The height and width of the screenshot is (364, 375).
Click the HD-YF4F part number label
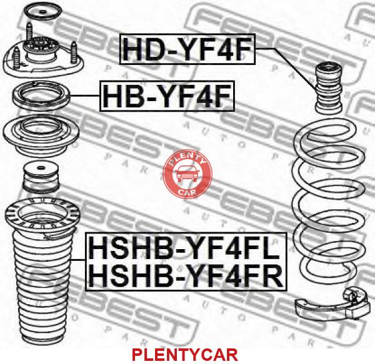(x=187, y=49)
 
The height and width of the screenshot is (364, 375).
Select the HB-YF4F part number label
(x=167, y=96)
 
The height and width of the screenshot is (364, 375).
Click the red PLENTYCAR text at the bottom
(x=185, y=355)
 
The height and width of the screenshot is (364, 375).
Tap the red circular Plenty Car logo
(x=187, y=174)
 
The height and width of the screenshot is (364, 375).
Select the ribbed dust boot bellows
(x=42, y=287)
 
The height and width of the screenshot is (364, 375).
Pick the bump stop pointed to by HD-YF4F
(x=330, y=88)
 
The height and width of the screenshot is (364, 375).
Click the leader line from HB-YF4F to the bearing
(x=85, y=96)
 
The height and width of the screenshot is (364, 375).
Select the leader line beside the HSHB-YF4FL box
(x=78, y=259)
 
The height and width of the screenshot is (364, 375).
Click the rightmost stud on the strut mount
(x=74, y=53)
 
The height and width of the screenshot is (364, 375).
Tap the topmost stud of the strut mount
(x=29, y=31)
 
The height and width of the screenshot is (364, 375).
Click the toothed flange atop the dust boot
(x=42, y=215)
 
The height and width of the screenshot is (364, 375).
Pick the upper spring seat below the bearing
(x=41, y=136)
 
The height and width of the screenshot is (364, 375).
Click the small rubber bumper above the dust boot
(x=41, y=177)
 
